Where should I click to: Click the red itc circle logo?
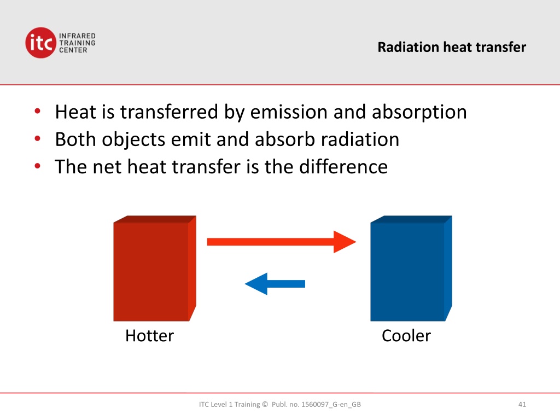[40, 43]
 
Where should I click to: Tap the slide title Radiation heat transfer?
[452, 47]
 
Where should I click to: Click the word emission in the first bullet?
[289, 112]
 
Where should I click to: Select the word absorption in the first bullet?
[419, 113]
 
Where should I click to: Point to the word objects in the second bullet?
[133, 140]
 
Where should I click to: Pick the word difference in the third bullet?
[343, 166]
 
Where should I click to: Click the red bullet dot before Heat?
[38, 111]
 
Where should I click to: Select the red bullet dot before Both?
[38, 138]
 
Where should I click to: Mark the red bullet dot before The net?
[38, 166]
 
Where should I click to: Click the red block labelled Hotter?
[155, 268]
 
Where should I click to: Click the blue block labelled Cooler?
[411, 268]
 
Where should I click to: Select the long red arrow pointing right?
[282, 242]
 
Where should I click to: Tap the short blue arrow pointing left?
[275, 284]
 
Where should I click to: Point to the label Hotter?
[149, 336]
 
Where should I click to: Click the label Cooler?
[406, 336]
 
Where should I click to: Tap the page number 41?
[522, 404]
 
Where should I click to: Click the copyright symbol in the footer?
[265, 404]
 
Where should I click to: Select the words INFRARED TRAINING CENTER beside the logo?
[77, 43]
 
